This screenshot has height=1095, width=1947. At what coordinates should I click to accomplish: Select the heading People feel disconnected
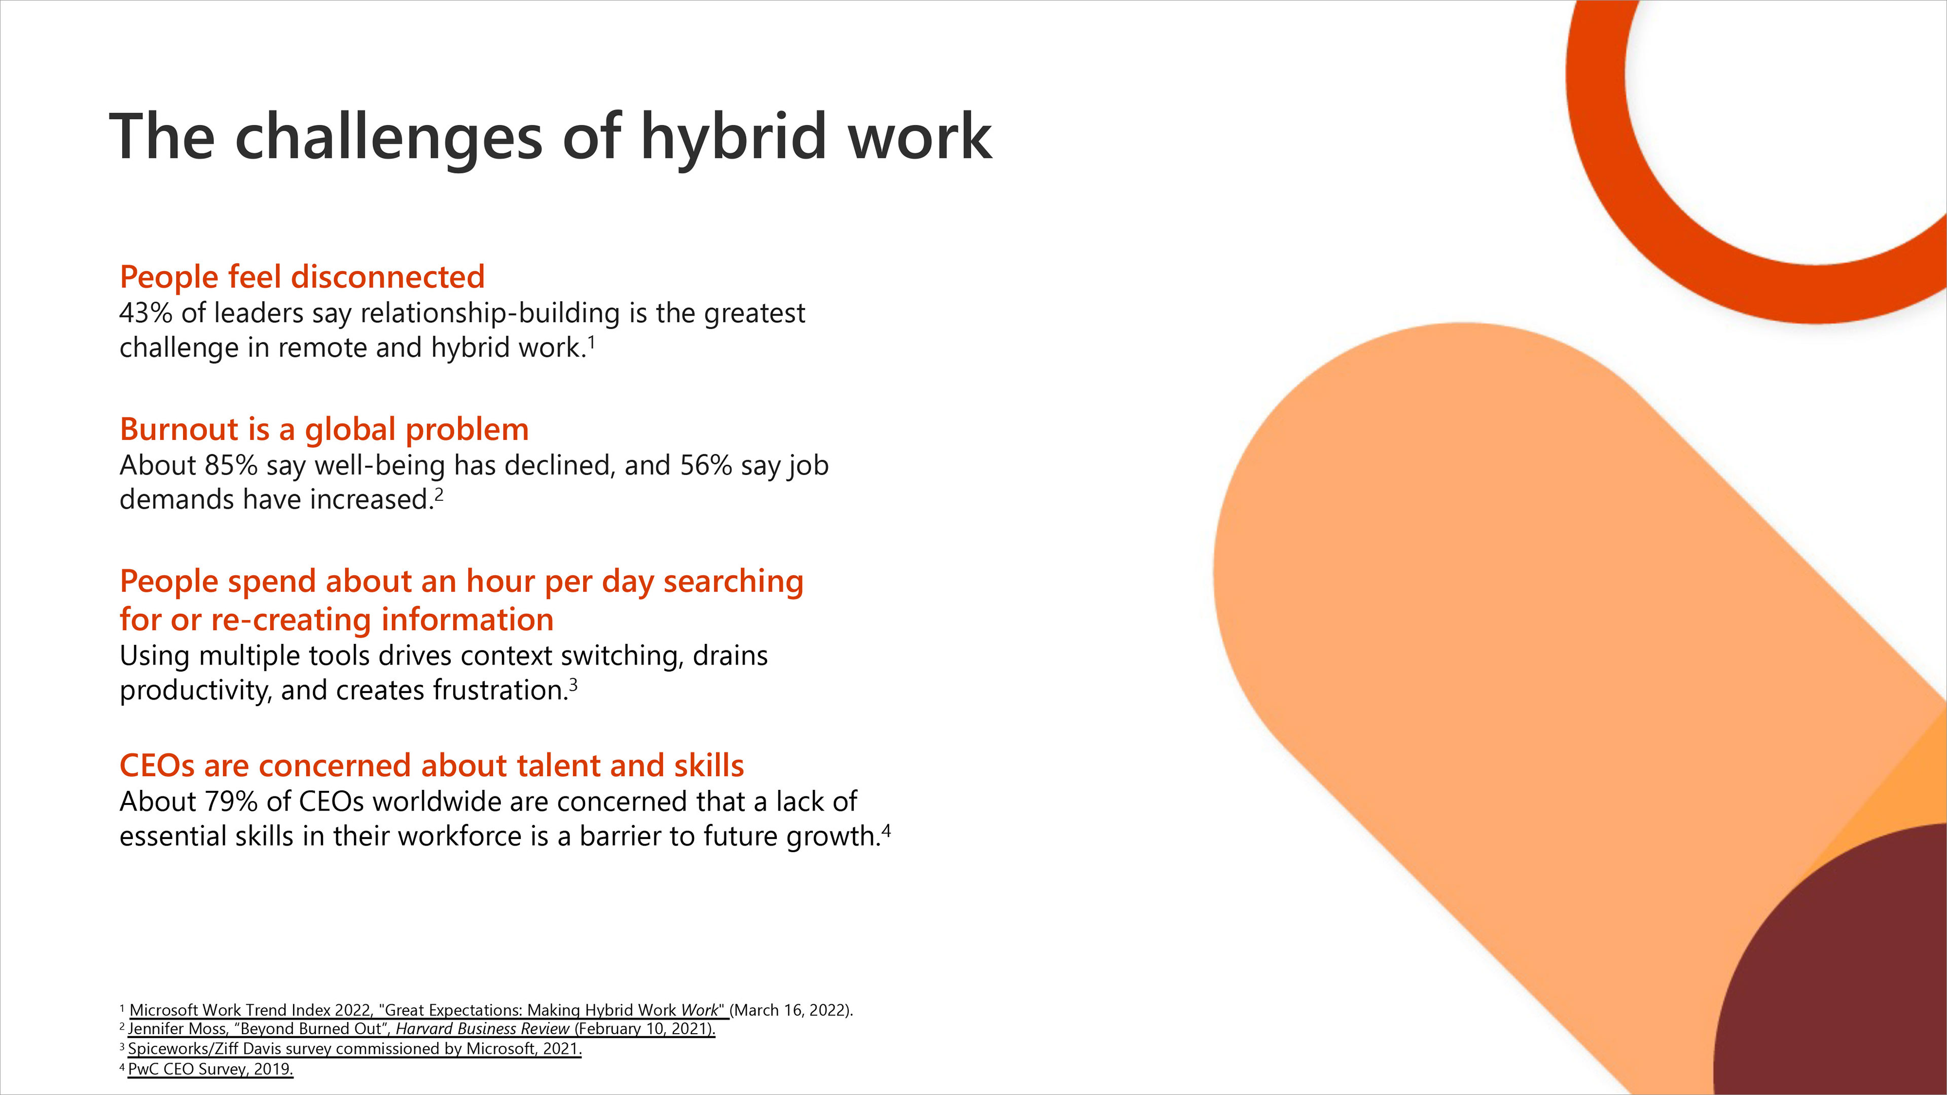click(x=302, y=277)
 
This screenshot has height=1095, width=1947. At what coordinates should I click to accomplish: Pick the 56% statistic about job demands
click(x=706, y=465)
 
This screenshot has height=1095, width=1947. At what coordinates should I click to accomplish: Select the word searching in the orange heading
click(x=733, y=582)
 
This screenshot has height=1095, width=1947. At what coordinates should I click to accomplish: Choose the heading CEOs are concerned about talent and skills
click(x=431, y=765)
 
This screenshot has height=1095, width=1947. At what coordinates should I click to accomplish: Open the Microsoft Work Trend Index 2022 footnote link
click(x=427, y=1010)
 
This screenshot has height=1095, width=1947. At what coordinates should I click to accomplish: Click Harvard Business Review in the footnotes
click(x=482, y=1029)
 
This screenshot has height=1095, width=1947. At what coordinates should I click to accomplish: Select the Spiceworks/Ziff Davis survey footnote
click(x=354, y=1049)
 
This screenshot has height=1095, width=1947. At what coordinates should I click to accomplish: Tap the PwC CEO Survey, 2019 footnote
click(x=210, y=1069)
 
